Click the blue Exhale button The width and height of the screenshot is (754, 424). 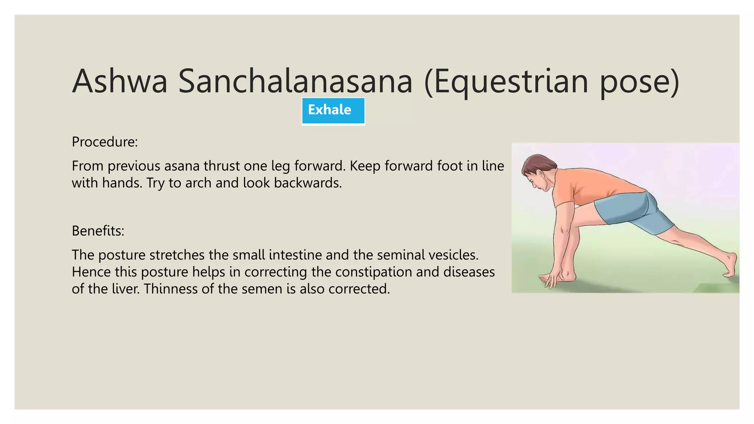(333, 111)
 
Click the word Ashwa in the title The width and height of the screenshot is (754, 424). (120, 81)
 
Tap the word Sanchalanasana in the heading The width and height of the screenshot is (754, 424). (295, 81)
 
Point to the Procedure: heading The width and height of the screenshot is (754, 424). (105, 142)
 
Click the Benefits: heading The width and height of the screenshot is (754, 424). (98, 231)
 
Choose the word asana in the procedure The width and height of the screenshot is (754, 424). (182, 166)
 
